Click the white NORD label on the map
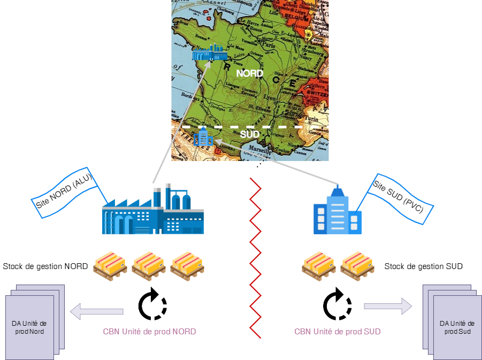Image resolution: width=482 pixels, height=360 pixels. coord(249,73)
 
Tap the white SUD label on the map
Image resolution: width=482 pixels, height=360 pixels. coord(249,134)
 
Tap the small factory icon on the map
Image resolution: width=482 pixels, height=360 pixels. coord(210,53)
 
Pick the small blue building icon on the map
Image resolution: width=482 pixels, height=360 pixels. coord(203,137)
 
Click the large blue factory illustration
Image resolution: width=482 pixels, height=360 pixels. coord(152,210)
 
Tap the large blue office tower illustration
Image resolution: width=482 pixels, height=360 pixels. coord(337,210)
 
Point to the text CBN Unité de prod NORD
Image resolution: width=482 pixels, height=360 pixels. coord(149,332)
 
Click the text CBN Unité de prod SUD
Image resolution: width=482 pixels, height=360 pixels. coord(338,332)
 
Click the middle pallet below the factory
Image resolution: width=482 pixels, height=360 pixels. coord(148,265)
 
